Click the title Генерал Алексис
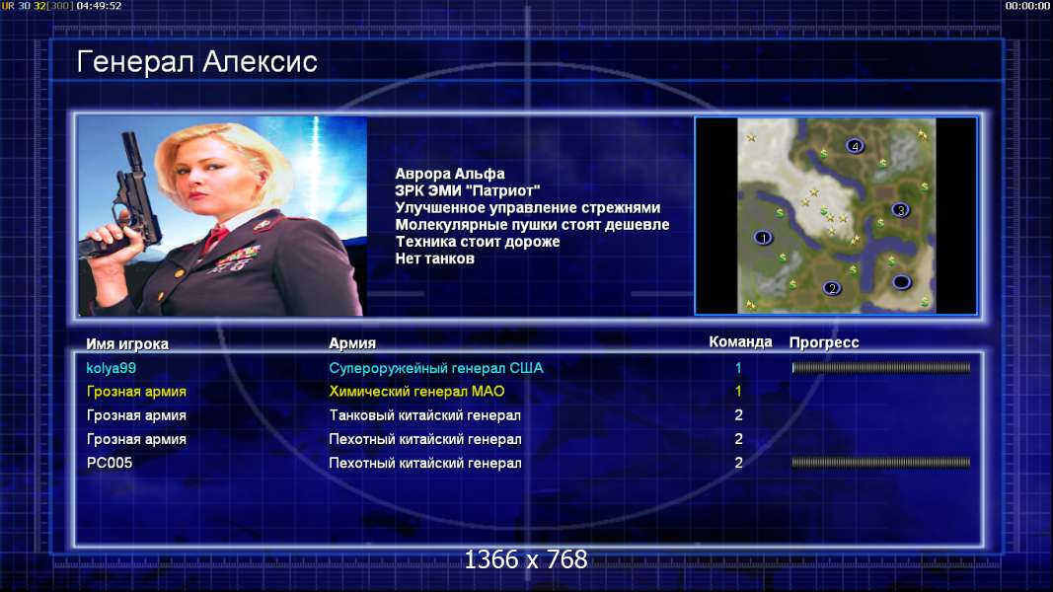point(196,62)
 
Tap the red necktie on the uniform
point(215,238)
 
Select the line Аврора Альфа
point(449,174)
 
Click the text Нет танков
point(434,259)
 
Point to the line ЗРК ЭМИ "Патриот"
point(468,190)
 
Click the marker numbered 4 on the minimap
point(855,146)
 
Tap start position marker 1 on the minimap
point(763,238)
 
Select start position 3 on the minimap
point(901,210)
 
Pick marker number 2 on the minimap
point(832,289)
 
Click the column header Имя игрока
point(127,343)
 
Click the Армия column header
point(352,343)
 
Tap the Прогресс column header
point(824,342)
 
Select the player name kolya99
point(111,368)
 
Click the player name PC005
point(110,463)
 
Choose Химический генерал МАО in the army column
point(416,392)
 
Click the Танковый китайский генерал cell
point(424,415)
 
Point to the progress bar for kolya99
point(881,368)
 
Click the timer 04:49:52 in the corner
point(99,6)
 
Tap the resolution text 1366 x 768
point(526,559)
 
